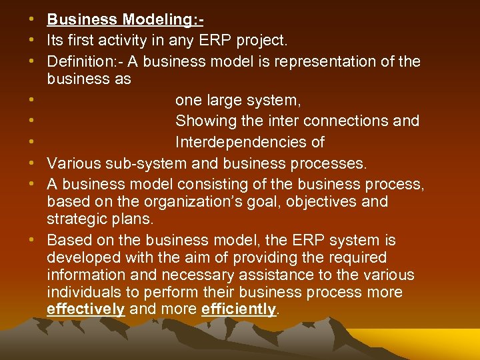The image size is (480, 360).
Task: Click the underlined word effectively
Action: [x=86, y=309]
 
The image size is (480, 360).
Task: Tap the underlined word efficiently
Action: [x=238, y=309]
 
